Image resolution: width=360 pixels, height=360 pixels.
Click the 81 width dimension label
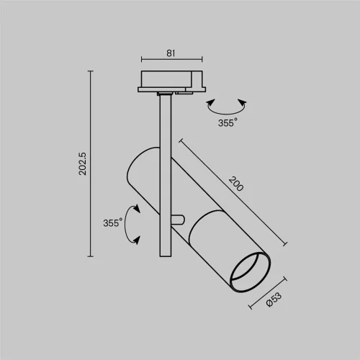point(171,53)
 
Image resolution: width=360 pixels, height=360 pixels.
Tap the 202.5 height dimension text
point(83,163)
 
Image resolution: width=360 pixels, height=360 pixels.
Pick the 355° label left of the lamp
point(112,223)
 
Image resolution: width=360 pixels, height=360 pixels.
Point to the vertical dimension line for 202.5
point(91,163)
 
